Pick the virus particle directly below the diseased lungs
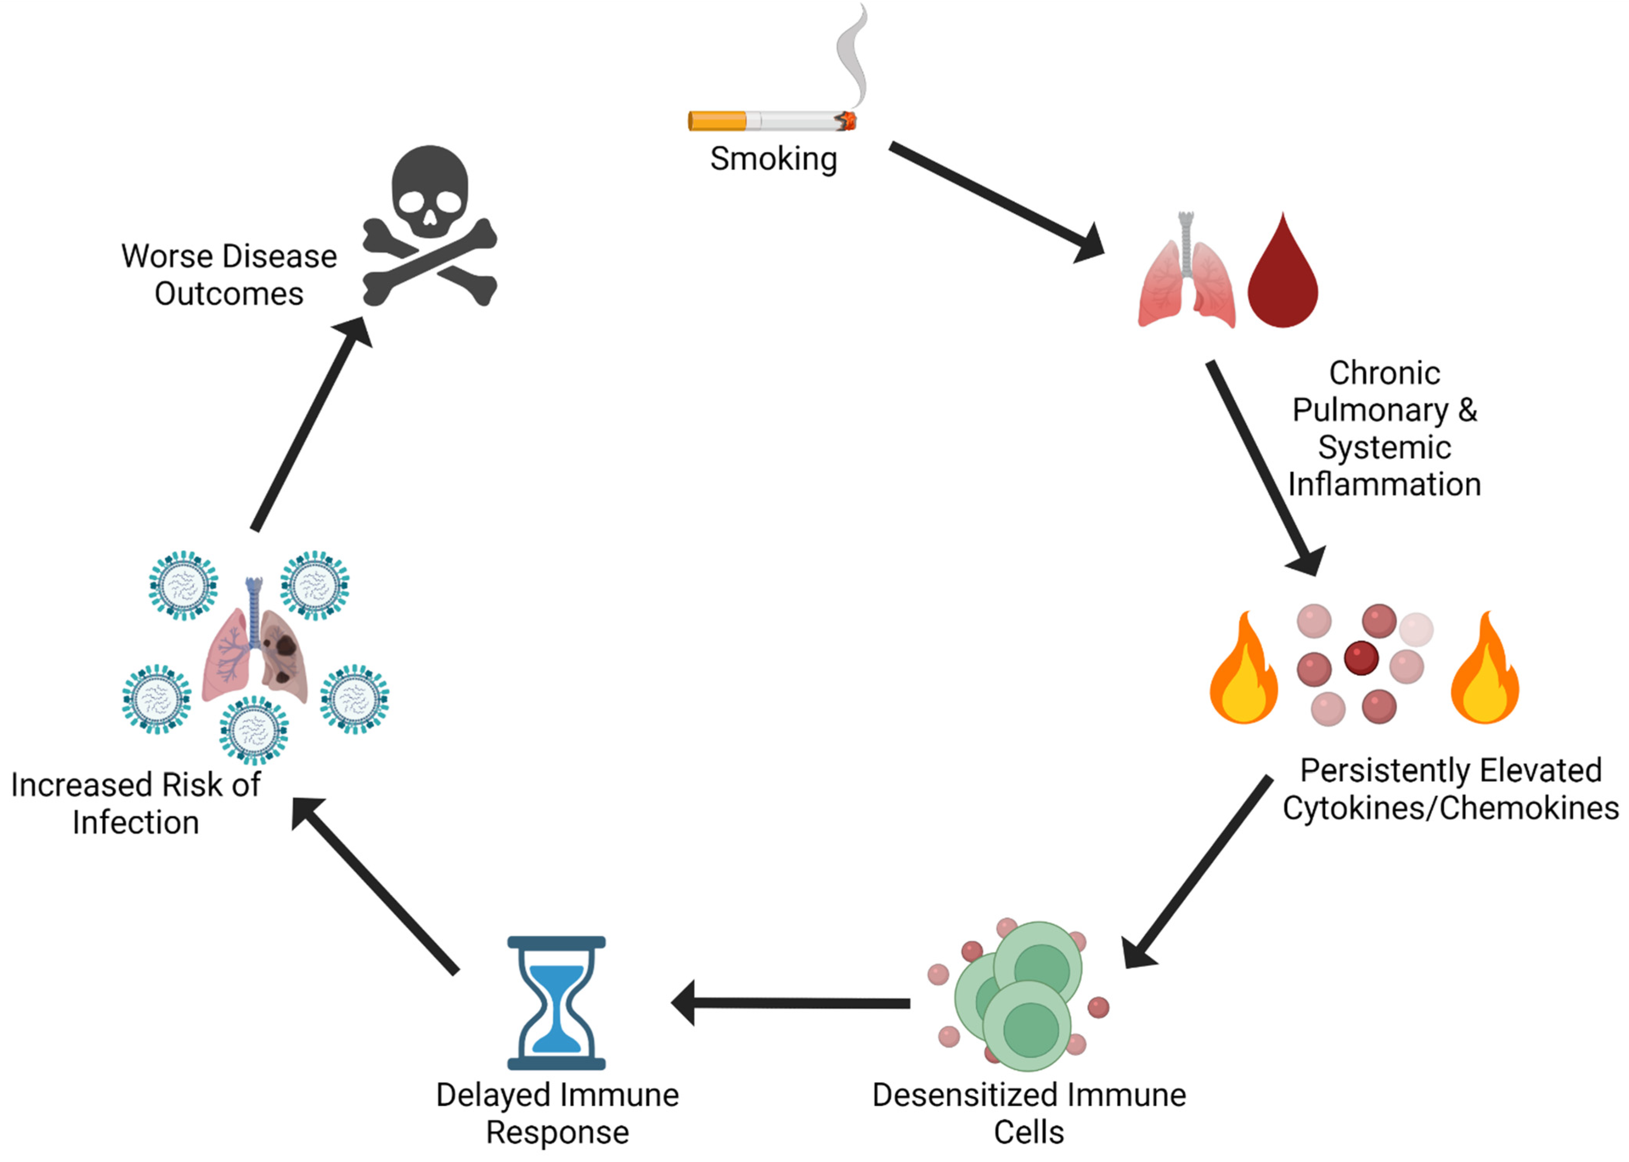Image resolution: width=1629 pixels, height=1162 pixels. (x=254, y=730)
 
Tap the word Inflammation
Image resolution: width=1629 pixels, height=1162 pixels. (x=1384, y=485)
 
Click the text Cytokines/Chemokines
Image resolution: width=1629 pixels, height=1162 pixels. (x=1450, y=808)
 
